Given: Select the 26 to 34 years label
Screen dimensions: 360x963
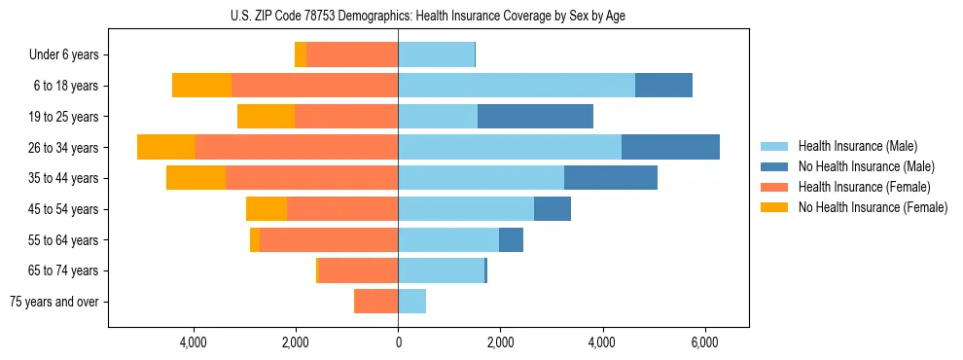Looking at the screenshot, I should (x=65, y=148).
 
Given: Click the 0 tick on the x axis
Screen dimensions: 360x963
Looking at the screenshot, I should (x=398, y=342).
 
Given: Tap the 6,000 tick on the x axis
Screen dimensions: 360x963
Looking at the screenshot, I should (x=704, y=342).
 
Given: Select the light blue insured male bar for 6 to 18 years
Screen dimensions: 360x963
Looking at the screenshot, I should (x=517, y=86).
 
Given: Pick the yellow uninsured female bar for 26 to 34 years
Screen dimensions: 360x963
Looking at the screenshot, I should (x=166, y=147).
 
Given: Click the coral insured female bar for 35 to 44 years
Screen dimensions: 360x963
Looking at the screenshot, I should (x=311, y=178).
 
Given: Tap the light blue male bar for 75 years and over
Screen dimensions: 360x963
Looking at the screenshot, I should (x=411, y=302).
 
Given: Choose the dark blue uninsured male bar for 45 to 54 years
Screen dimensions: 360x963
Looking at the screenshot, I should (x=553, y=209).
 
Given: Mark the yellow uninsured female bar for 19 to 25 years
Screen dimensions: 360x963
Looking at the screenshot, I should (x=266, y=117).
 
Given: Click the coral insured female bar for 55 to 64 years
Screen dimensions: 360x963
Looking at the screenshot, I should (x=329, y=240).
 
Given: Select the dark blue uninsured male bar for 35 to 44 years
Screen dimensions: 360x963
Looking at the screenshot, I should (x=611, y=178).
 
